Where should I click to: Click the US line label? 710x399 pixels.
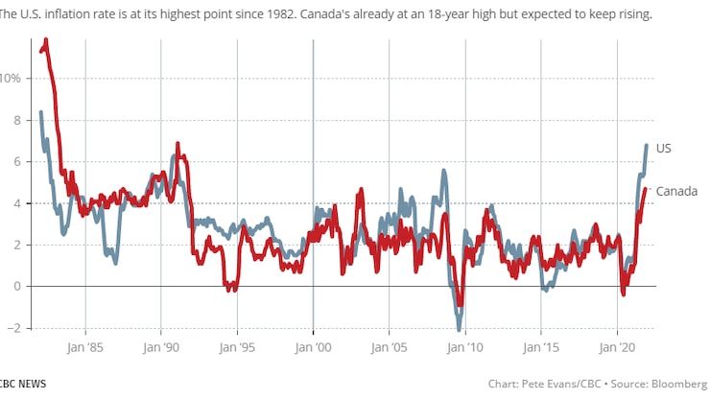664,149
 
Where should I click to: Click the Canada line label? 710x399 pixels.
675,191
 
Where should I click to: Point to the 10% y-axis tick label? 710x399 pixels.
9,78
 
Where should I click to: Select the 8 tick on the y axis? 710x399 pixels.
13,120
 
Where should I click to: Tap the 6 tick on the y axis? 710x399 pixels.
13,161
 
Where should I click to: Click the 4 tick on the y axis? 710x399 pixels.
13,203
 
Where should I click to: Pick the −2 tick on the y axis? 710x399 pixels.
11,328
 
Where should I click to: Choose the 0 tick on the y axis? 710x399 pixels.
13,286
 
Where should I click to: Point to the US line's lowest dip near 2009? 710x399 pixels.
460,328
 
